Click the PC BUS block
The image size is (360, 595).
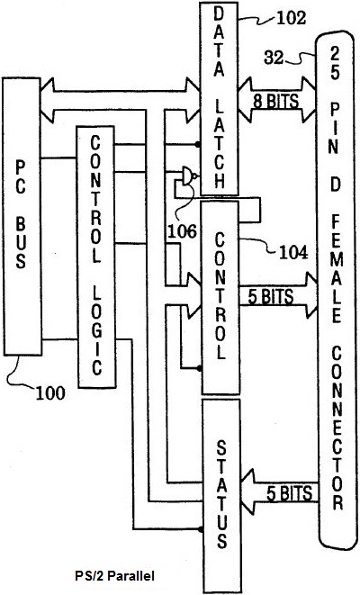coord(22,216)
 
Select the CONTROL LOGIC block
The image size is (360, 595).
coord(96,257)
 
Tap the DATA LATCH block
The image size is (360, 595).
coord(219,99)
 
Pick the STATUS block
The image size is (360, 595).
coord(221,495)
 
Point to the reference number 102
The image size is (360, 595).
coord(291,18)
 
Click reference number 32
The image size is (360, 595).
coord(274,58)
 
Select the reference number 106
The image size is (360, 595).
coord(182,231)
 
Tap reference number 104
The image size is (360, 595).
coord(293,252)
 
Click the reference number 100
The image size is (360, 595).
coord(50,393)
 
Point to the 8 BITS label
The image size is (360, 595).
coord(275,101)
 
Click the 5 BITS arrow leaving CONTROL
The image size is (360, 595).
coord(278,296)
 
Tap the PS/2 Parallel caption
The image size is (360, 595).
coord(114,576)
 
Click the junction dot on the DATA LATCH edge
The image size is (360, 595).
coord(197,144)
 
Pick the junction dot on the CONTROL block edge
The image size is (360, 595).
coord(199,367)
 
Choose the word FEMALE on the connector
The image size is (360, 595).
coord(336,268)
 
